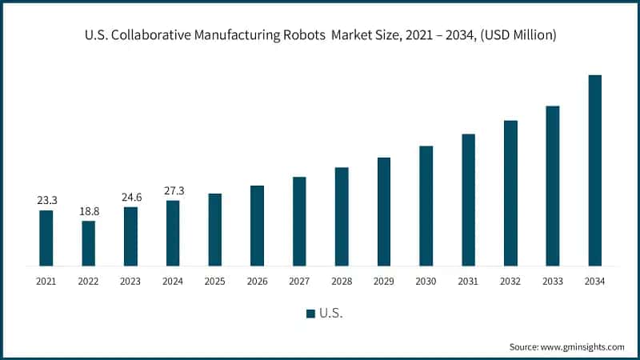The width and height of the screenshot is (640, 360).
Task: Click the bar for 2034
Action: (x=594, y=170)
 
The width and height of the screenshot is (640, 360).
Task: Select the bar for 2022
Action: (x=88, y=243)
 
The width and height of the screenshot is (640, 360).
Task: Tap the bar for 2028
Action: (x=342, y=216)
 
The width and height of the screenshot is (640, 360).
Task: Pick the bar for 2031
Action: (x=468, y=199)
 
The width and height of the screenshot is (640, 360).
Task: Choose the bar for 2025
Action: (x=214, y=230)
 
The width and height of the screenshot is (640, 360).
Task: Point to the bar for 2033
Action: (x=552, y=186)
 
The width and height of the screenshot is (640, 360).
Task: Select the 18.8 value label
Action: (x=88, y=211)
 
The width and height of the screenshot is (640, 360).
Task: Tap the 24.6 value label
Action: (x=130, y=198)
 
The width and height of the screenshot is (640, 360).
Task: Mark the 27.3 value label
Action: (x=173, y=191)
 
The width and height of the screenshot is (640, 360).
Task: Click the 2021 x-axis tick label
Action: (x=46, y=282)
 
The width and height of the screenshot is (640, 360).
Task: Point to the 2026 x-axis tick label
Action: (x=257, y=282)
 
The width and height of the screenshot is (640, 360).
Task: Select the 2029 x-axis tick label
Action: (x=383, y=282)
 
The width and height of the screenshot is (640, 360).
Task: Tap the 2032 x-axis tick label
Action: (x=510, y=282)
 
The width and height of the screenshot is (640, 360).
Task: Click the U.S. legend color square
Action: (x=310, y=314)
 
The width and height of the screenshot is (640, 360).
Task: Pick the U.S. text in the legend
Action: (x=331, y=314)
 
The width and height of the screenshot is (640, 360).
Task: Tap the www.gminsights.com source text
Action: (x=582, y=346)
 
